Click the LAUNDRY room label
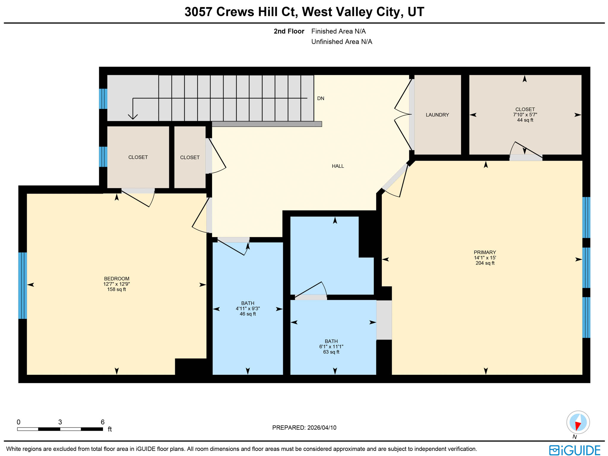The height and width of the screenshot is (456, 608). [437, 115]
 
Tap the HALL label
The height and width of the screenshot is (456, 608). [338, 166]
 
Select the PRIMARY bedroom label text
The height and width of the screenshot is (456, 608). [484, 252]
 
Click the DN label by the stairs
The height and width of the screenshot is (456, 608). [321, 99]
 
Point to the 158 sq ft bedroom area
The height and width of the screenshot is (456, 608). [116, 289]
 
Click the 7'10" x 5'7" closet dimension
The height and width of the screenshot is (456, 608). [525, 115]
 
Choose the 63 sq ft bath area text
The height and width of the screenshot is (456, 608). [331, 352]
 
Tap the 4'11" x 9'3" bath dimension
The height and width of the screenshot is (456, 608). [248, 309]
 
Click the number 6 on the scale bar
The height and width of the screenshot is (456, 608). [103, 422]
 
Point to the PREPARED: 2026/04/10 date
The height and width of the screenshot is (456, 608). [304, 428]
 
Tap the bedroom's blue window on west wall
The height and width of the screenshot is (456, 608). [23, 285]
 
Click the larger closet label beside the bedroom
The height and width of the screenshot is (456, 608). [138, 157]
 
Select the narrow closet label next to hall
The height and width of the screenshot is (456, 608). [190, 158]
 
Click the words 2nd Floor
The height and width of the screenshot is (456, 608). [289, 31]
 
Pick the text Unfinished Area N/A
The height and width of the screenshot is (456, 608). [341, 42]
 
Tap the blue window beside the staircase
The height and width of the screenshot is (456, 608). [103, 99]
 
